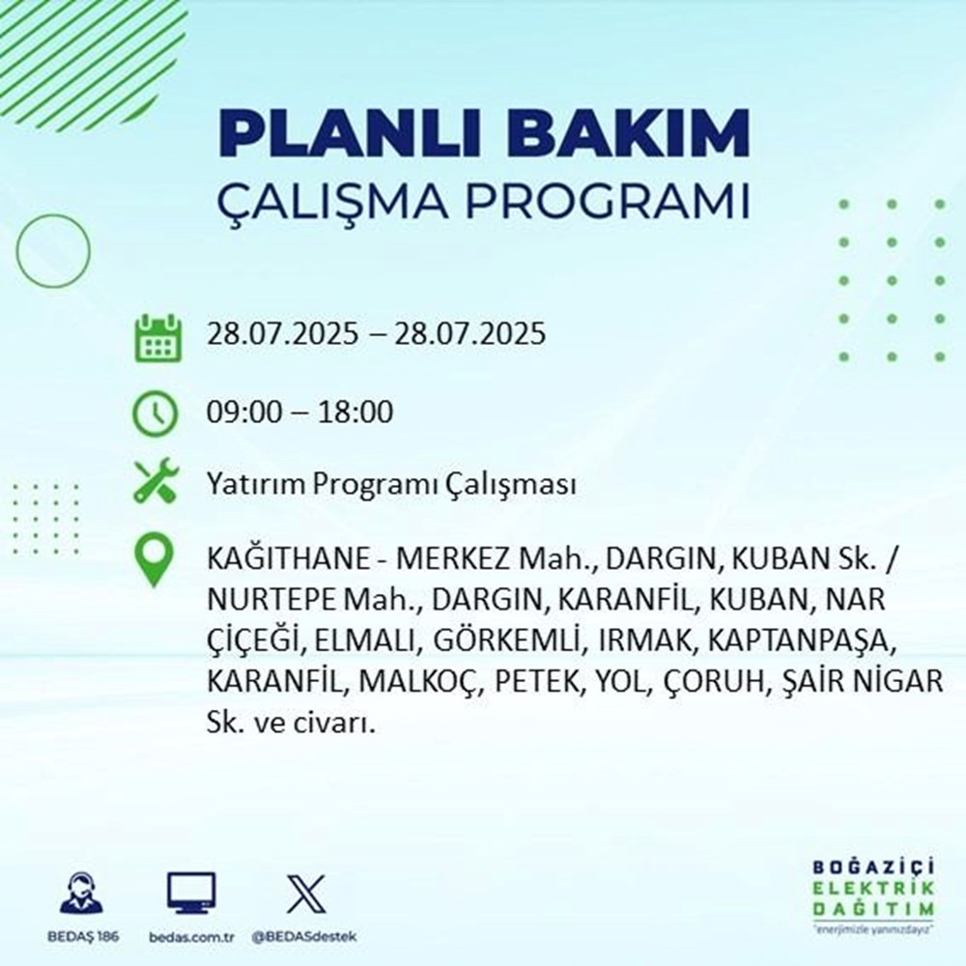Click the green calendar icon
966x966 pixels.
(155, 336)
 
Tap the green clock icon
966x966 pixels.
(155, 413)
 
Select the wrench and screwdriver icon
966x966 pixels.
(155, 482)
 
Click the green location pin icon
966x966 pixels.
(155, 561)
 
